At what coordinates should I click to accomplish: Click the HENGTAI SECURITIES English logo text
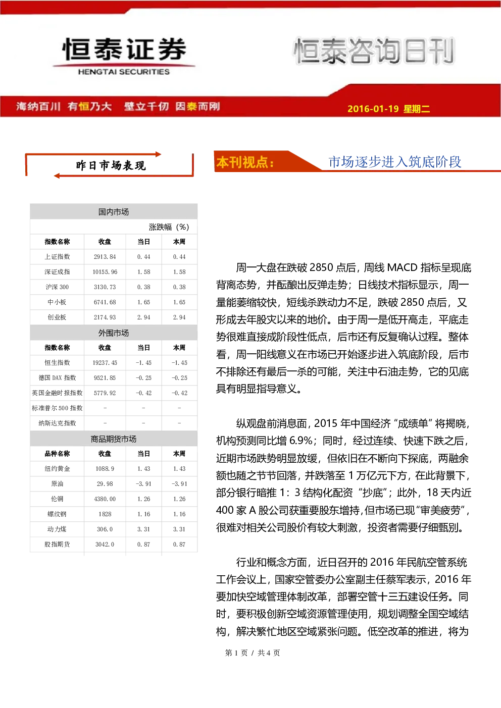click(124, 72)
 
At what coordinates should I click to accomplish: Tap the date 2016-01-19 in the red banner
click(373, 108)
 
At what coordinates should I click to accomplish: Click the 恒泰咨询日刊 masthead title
click(374, 51)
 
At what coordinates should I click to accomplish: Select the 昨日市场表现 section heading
click(111, 166)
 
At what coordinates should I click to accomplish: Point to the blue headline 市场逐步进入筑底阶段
click(395, 162)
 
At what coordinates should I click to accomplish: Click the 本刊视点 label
click(245, 162)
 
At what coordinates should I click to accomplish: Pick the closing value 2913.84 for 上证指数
click(105, 257)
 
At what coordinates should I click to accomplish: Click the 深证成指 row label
click(57, 272)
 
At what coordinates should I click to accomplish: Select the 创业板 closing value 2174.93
click(105, 317)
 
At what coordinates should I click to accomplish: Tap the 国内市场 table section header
click(114, 212)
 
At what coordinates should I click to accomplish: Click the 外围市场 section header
click(114, 333)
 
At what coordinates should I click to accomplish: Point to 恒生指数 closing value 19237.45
click(105, 362)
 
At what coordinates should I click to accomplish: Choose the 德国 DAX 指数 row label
click(57, 377)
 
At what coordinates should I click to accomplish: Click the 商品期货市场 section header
click(114, 439)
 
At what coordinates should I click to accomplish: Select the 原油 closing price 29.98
click(105, 483)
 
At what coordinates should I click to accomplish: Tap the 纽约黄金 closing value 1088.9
click(105, 468)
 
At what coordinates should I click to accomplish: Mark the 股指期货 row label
click(57, 544)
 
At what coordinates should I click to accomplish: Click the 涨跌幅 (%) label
click(169, 227)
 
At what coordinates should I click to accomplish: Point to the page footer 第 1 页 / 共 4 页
click(252, 652)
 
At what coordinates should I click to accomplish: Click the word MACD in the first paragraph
click(403, 268)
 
